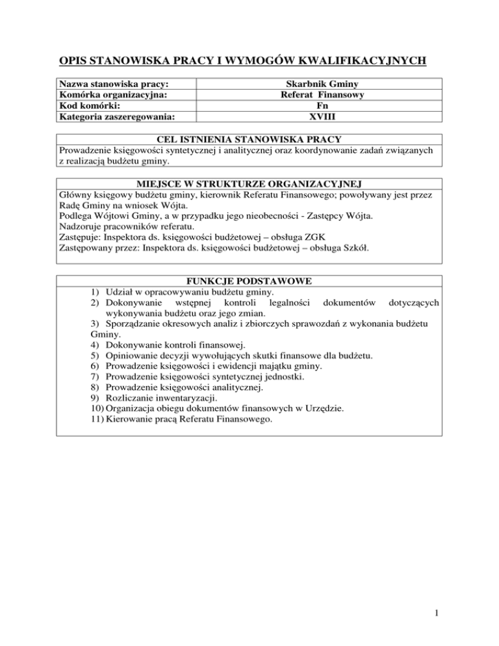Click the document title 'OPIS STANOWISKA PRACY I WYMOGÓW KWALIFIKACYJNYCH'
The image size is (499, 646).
point(242,61)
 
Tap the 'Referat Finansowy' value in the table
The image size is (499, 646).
point(318,95)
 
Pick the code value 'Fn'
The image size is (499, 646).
point(318,106)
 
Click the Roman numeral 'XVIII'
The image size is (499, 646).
point(318,117)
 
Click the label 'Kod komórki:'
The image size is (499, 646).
point(88,106)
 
